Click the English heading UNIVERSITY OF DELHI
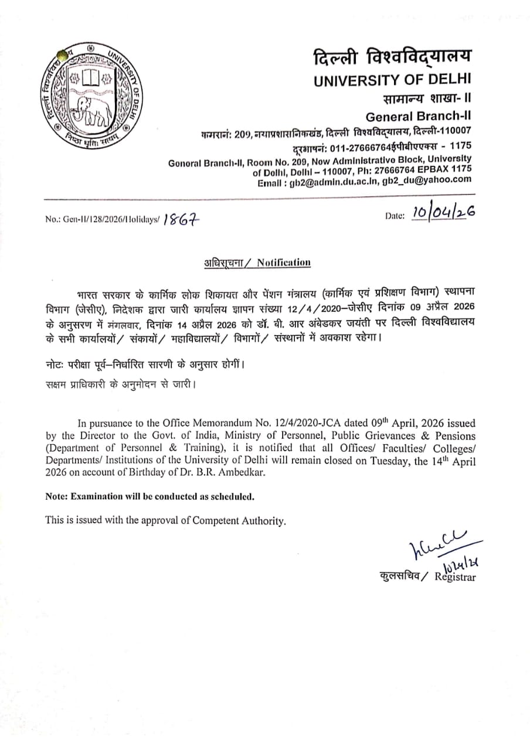pyautogui.click(x=392, y=80)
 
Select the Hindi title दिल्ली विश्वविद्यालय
pyautogui.click(x=392, y=57)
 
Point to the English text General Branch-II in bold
pyautogui.click(x=418, y=116)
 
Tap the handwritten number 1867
pyautogui.click(x=182, y=220)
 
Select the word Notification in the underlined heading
pyautogui.click(x=283, y=262)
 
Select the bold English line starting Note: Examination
pyautogui.click(x=150, y=496)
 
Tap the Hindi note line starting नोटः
pyautogui.click(x=144, y=364)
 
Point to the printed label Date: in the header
pyautogui.click(x=395, y=216)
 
